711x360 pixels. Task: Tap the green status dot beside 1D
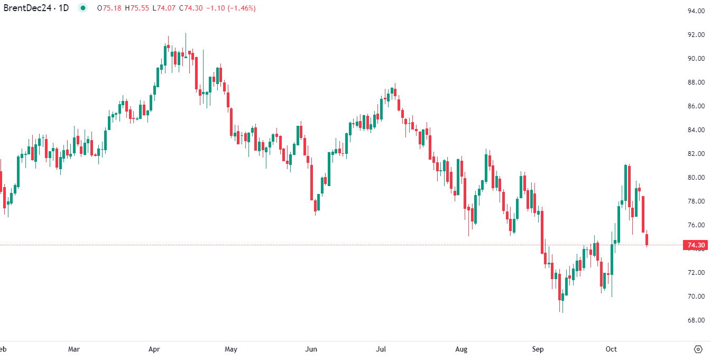82,8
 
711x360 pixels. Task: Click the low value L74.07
164,8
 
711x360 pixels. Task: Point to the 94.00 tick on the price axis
696,11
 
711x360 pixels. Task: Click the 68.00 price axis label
696,320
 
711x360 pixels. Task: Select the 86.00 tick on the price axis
696,106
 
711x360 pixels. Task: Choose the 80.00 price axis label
696,178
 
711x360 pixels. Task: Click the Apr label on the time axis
154,349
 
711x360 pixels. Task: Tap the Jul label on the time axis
381,349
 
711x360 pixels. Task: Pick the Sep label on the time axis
538,349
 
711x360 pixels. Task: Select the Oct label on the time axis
612,349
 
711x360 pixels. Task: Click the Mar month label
74,349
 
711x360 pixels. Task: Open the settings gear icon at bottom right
698,349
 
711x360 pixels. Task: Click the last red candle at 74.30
647,239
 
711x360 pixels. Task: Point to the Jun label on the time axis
311,349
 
